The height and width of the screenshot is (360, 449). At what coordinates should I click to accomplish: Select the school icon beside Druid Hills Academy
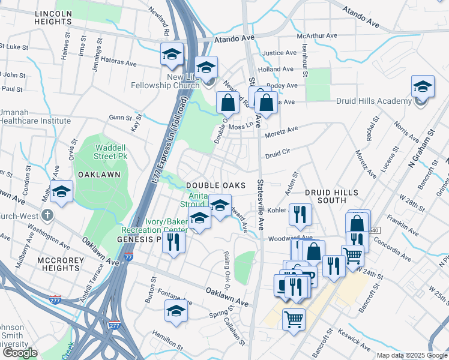(423, 88)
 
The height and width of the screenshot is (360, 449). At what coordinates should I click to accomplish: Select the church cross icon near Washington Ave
(48, 215)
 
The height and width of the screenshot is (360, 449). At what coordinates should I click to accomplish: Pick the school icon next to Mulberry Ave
(61, 192)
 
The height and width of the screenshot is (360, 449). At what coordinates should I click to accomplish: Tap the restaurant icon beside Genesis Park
(173, 242)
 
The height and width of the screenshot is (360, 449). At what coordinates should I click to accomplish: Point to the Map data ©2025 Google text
(411, 355)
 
